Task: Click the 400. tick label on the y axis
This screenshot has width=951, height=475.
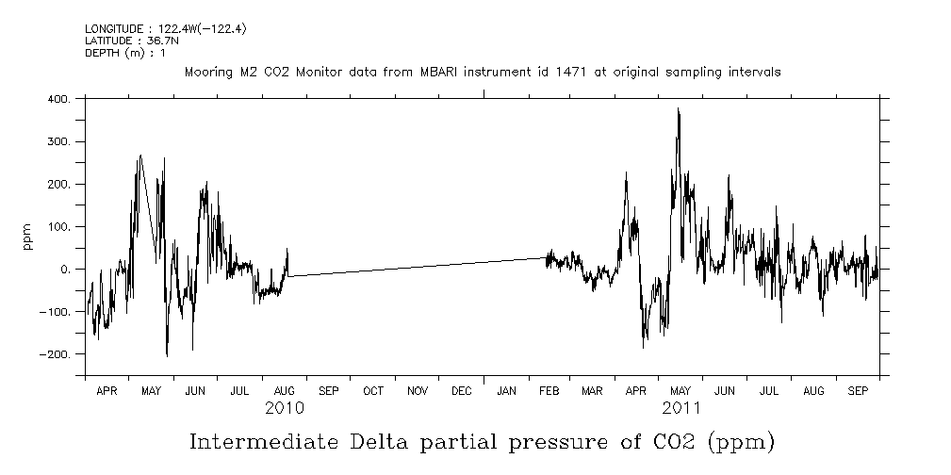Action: click(58, 99)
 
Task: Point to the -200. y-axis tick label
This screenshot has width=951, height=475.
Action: click(56, 354)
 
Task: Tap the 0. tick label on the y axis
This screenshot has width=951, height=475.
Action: click(65, 270)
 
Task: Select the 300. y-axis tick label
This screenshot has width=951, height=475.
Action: click(58, 141)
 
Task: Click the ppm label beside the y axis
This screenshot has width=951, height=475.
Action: click(28, 236)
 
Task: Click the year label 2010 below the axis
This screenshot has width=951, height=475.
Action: click(285, 408)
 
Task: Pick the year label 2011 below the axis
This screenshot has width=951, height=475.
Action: click(680, 408)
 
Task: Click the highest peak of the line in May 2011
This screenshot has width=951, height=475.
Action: click(678, 109)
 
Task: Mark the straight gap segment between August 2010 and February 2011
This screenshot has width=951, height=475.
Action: click(415, 267)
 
